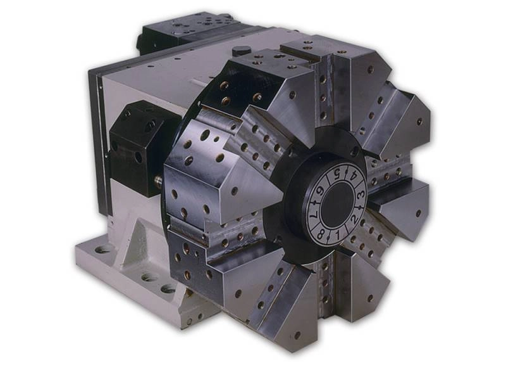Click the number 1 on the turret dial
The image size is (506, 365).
pos(338,236)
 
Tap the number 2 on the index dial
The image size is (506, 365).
pos(354,219)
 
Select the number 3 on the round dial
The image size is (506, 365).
pos(361,195)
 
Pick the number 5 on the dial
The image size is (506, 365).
pos(337,175)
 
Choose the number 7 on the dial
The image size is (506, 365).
pos(315,214)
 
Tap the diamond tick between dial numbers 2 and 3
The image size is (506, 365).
pos(361,207)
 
